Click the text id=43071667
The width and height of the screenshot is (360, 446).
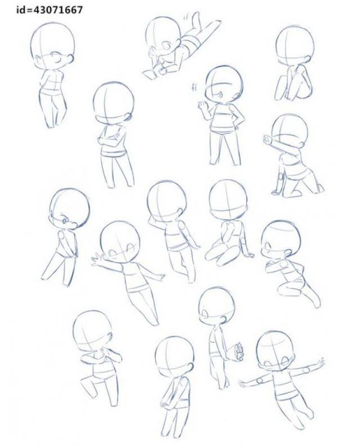[x=49, y=10]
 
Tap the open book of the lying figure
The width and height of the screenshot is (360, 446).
[x=150, y=74]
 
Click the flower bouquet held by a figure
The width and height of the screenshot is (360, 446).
[x=238, y=352]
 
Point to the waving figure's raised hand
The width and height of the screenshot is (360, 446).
[x=203, y=106]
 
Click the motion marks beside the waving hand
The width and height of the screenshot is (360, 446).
[x=195, y=87]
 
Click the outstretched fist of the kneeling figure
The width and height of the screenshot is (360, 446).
[x=267, y=139]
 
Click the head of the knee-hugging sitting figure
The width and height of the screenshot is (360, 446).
[x=295, y=46]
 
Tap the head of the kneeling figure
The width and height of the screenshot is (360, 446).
[x=289, y=130]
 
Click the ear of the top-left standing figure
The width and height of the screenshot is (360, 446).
[x=70, y=59]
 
